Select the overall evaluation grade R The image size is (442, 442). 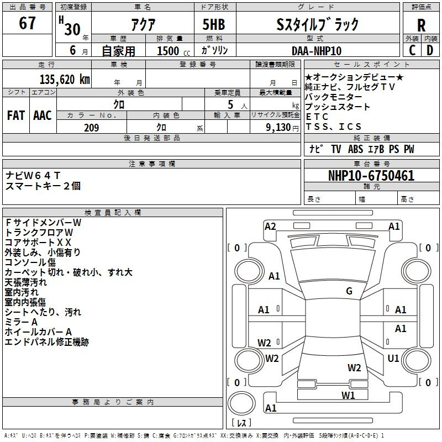421,25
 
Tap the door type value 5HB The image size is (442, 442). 210,24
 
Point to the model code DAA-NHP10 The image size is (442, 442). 317,50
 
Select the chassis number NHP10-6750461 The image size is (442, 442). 371,176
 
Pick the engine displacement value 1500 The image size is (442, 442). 167,51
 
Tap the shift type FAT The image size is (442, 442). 15,115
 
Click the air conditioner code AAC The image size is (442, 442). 43,115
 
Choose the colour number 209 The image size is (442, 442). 91,128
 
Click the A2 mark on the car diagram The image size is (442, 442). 270,226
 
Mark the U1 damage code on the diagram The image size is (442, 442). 393,359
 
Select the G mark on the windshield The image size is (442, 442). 349,291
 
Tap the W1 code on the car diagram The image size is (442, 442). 348,394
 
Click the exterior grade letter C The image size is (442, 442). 412,50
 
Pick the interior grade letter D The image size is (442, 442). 430,50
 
